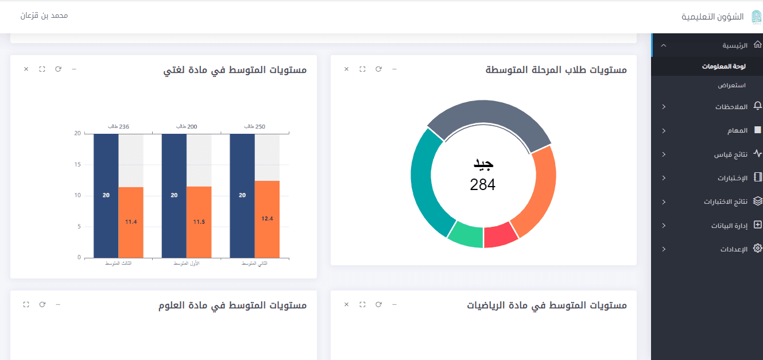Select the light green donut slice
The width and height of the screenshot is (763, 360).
click(466, 234)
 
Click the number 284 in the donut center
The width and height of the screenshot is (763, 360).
click(482, 184)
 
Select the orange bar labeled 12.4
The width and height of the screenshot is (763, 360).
click(267, 219)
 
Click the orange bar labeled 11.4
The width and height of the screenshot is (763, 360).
click(131, 222)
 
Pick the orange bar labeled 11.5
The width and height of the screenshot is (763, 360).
click(199, 222)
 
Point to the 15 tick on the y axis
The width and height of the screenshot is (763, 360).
click(78, 165)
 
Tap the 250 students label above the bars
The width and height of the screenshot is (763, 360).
click(254, 126)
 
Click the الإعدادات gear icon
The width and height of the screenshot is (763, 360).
click(757, 249)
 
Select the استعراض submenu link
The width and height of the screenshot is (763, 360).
click(731, 86)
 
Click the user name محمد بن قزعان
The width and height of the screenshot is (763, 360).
click(44, 16)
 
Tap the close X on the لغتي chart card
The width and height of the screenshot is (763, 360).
click(26, 69)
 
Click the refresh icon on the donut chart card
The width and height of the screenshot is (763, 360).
click(378, 69)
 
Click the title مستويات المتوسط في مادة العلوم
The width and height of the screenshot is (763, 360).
click(233, 305)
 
